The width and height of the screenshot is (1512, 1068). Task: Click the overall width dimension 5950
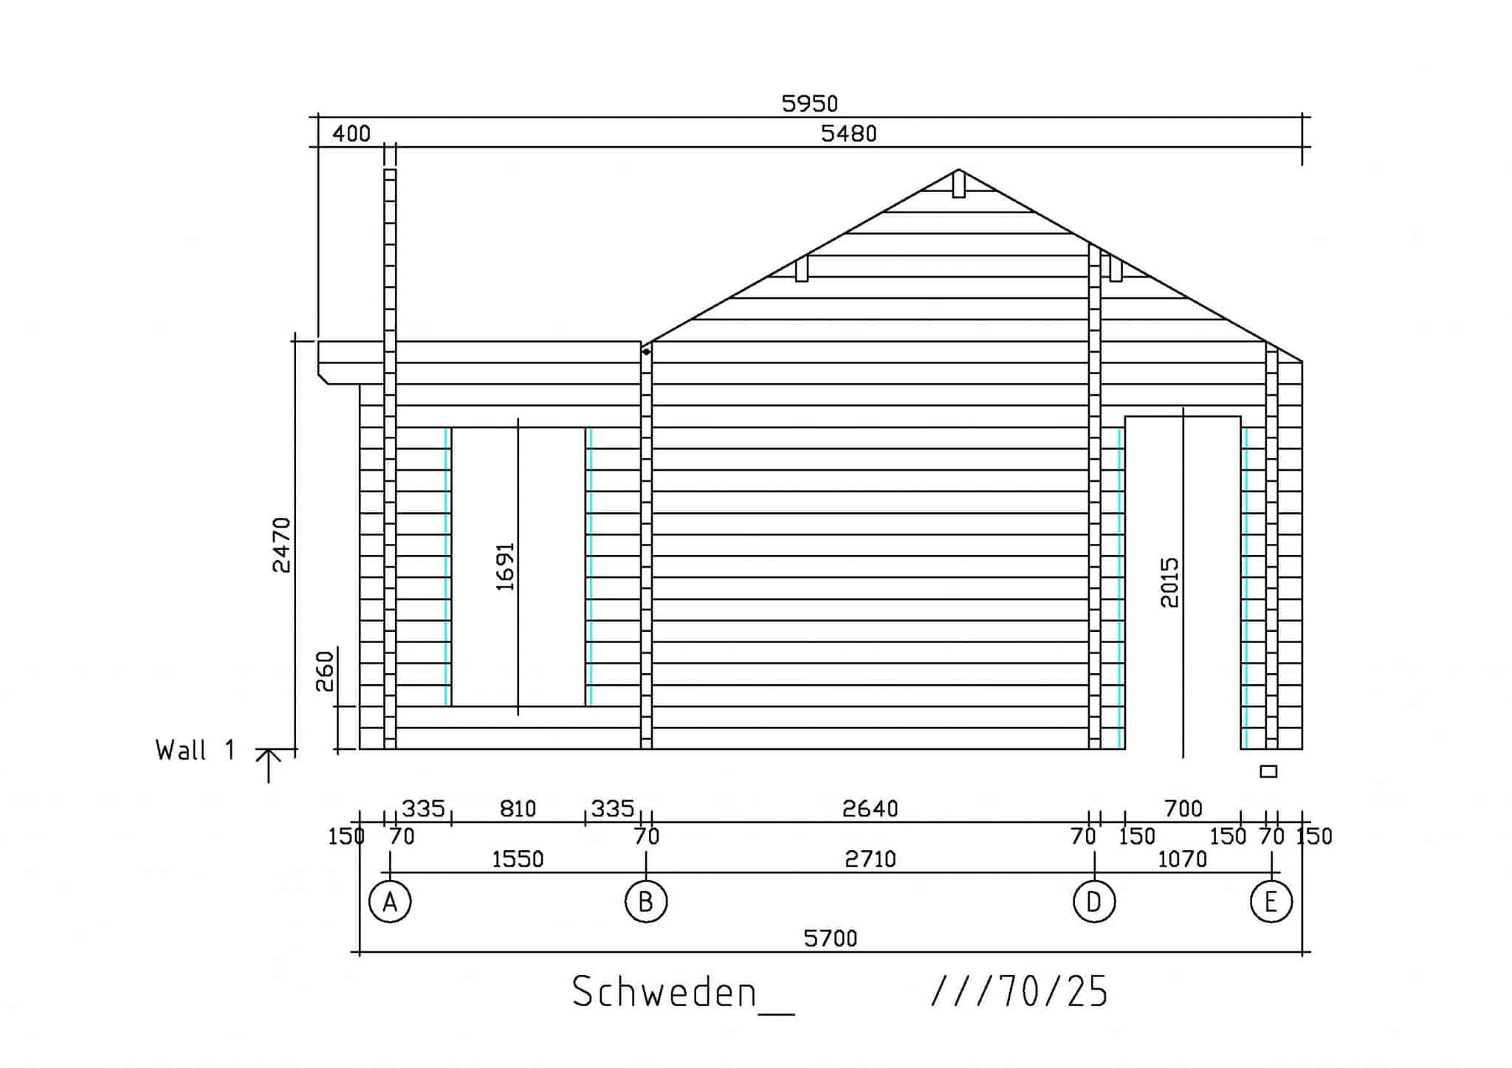[810, 104]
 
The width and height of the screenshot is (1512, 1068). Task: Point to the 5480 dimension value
[849, 134]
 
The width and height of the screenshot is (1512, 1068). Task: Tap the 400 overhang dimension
[351, 134]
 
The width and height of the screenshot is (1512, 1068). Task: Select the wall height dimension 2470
[282, 545]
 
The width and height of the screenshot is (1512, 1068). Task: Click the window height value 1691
[505, 567]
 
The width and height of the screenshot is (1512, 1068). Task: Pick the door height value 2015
[1170, 582]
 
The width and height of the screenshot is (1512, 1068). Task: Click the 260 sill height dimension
[326, 671]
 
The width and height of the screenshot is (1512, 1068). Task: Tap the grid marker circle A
[390, 902]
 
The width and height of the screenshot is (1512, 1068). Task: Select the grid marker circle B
[646, 902]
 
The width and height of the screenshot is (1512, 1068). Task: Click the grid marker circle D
[1094, 902]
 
